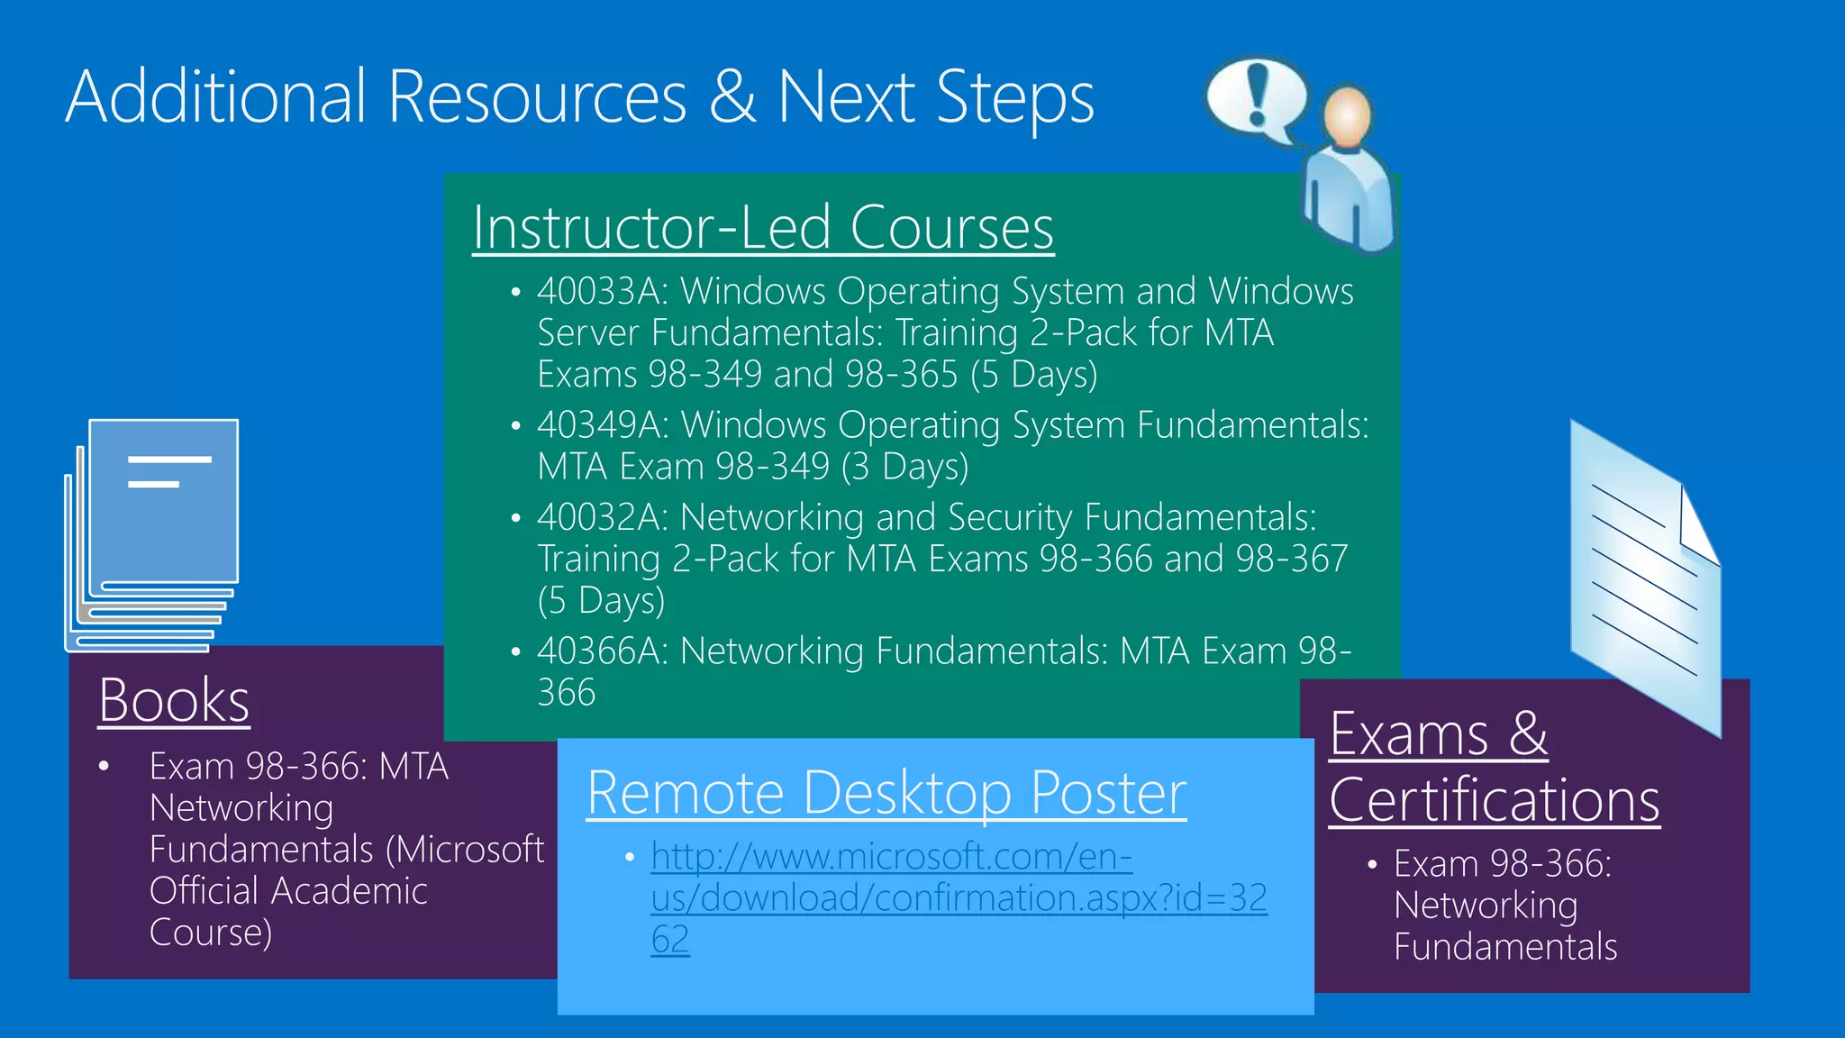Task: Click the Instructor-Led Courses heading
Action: (x=762, y=227)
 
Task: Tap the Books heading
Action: (x=174, y=700)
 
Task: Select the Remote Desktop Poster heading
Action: (x=886, y=794)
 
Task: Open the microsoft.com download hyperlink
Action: (x=958, y=897)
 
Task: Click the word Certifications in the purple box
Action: (x=1494, y=800)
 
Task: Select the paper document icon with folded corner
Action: (x=1645, y=577)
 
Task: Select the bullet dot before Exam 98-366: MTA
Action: (x=105, y=767)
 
